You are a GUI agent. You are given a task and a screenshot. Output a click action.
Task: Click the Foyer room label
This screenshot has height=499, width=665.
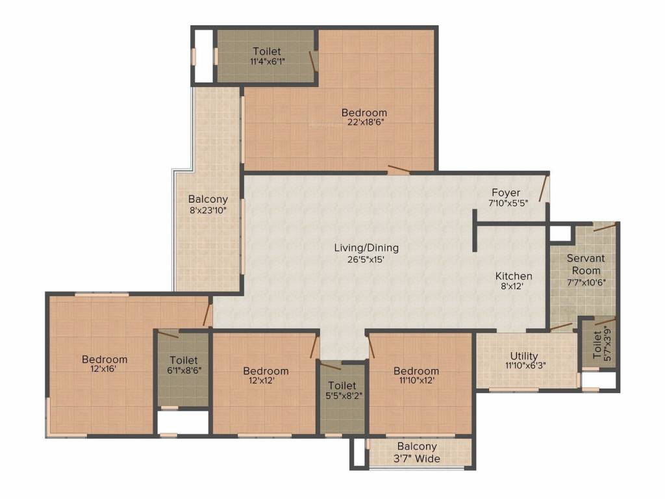tap(505, 193)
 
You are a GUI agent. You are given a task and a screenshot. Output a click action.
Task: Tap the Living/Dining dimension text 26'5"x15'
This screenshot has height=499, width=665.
tap(366, 259)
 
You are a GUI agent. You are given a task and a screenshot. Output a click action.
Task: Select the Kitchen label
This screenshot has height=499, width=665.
tap(514, 276)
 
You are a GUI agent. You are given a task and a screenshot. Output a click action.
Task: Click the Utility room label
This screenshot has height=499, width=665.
tap(523, 356)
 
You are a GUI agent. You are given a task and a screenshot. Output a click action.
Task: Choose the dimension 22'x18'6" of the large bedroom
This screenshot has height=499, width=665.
tap(364, 123)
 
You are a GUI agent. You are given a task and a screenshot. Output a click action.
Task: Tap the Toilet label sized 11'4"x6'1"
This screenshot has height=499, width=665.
tap(266, 51)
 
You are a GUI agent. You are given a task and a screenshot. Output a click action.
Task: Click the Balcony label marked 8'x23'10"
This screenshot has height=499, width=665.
tap(208, 199)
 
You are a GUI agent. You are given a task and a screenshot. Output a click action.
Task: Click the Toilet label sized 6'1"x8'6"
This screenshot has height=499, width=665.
tap(183, 359)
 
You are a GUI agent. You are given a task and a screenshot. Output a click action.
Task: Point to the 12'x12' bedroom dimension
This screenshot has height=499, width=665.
tap(266, 381)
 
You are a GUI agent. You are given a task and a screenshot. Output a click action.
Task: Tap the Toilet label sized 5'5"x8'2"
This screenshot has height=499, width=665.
tap(342, 385)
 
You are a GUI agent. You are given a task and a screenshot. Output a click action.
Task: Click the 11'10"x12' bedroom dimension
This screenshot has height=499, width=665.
tap(416, 381)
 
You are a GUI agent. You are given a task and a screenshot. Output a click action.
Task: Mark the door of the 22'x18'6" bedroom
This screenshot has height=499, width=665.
tap(398, 170)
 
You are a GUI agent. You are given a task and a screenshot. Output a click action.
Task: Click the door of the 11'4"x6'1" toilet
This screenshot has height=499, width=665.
tap(313, 60)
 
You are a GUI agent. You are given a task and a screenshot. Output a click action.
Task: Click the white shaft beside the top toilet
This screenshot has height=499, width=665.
tap(203, 57)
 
